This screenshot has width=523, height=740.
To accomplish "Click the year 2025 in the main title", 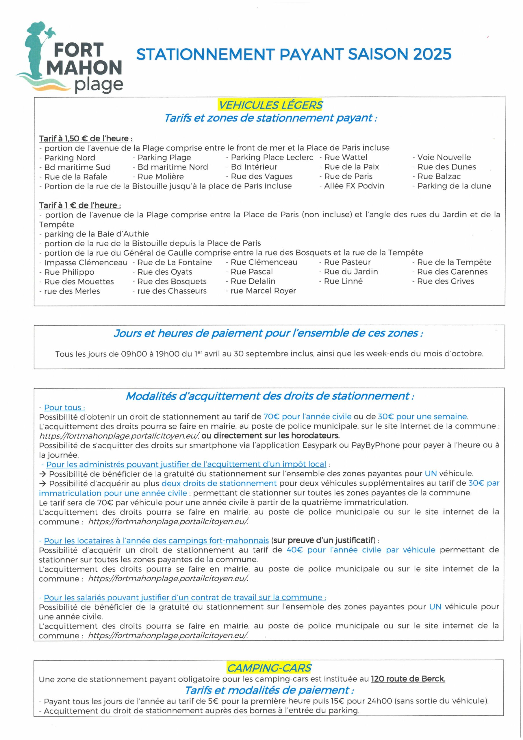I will [432, 54].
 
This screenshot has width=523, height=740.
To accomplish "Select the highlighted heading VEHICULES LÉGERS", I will [270, 105].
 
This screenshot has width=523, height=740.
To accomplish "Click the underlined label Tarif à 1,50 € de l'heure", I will [86, 138].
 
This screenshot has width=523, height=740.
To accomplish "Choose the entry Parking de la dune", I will [454, 186].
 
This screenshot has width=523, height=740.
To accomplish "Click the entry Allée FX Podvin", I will [354, 186].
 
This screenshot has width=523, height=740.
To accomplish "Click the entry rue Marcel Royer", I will [263, 291].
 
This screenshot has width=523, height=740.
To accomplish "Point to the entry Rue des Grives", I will [445, 281].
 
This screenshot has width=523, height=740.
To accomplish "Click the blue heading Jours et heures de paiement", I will [268, 333].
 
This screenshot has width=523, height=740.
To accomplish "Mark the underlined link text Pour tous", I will [64, 407].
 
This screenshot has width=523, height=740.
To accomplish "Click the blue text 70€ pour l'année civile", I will [307, 417].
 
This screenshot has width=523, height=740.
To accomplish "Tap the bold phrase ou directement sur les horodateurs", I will [270, 436].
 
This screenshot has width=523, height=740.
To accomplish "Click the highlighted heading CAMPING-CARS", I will [269, 668].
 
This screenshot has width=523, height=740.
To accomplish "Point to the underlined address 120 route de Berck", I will [408, 679].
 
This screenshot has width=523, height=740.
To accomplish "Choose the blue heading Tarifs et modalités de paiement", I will [269, 690].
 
